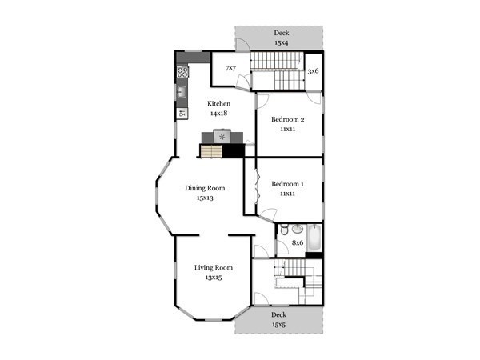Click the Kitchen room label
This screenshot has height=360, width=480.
218,104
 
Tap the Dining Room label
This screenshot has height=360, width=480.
205,188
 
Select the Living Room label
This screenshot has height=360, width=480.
214,267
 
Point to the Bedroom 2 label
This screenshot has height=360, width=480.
288,119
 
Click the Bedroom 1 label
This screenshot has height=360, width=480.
287,184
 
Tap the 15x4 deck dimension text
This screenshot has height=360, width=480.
281,42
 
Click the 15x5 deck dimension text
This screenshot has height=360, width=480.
278,325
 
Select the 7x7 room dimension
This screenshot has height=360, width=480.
230,68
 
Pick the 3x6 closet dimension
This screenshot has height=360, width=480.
313,71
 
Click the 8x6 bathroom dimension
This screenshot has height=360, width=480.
298,242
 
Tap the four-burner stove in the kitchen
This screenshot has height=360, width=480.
182,72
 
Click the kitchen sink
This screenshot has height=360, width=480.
182,91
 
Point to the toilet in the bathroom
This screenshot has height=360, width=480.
284,230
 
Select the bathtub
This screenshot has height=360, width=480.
314,238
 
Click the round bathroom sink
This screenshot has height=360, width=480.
298,228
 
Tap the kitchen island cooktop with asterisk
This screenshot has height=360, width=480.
222,136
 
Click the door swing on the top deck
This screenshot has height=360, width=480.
242,44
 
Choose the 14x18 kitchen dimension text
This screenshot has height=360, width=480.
218,114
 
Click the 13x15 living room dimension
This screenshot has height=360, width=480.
214,278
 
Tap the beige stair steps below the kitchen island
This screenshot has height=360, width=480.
211,151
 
